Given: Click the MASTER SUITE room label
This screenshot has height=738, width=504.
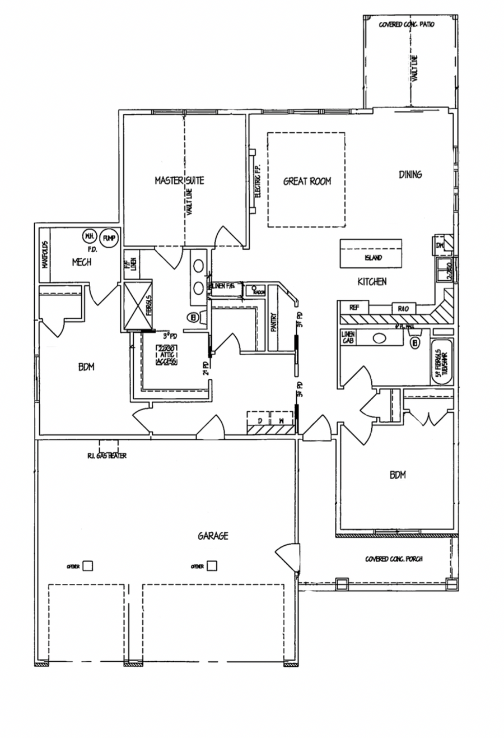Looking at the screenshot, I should [x=179, y=180].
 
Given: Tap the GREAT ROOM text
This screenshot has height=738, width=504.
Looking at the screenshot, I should [x=307, y=181].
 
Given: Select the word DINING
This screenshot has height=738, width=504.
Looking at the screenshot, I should [x=410, y=174].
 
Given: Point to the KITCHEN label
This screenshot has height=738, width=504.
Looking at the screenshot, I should [x=372, y=281].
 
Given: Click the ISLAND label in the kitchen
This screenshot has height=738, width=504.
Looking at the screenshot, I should [x=373, y=258].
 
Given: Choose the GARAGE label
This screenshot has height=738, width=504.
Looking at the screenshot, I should [x=213, y=536].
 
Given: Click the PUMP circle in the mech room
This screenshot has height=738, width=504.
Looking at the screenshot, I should [x=109, y=238].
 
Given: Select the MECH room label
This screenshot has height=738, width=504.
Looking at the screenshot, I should [x=82, y=262].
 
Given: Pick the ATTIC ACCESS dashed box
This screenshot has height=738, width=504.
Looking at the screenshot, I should [x=166, y=355].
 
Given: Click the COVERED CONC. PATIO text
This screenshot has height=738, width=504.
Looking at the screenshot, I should [x=407, y=25].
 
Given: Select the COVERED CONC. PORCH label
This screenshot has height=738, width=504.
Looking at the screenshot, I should [x=394, y=559].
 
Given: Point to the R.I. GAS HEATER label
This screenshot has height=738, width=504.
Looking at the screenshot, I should [x=107, y=456].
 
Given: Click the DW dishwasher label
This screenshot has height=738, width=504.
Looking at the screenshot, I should [x=440, y=245].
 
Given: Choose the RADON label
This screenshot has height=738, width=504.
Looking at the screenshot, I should [x=259, y=292].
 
